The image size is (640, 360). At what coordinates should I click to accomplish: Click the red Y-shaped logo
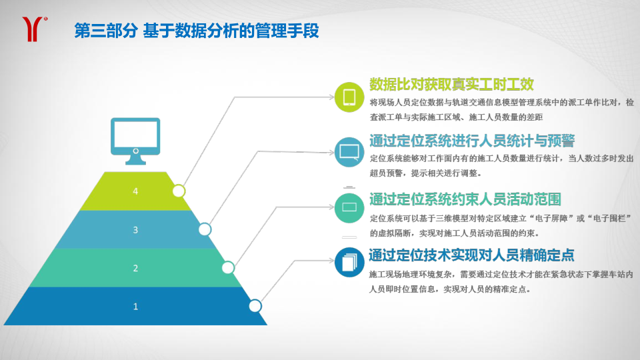pos(33,29)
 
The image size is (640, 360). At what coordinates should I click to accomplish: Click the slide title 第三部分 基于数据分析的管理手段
pos(196,31)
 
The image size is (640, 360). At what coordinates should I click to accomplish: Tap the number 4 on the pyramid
pos(135,191)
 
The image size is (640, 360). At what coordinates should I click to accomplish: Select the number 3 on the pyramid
pos(135,230)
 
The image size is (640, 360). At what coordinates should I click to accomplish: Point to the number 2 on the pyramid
pos(135,268)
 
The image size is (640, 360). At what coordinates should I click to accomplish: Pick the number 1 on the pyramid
pos(135,307)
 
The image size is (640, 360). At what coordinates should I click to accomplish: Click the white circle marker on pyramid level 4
pos(179,191)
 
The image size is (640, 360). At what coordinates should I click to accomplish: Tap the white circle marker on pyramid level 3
pos(205,229)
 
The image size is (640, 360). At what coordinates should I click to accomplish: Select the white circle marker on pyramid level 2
pos(228,268)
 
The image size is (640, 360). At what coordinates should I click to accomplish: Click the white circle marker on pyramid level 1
pos(255,306)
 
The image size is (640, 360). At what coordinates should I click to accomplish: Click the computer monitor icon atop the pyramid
pos(135,141)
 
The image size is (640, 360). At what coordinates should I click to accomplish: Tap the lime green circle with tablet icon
pos(349,97)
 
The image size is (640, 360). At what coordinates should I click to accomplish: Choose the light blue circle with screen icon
pos(349,152)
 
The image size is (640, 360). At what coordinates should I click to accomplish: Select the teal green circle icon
pos(349,208)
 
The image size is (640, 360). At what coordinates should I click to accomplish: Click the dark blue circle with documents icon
pos(349,263)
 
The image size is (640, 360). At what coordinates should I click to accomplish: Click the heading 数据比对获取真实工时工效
pos(451,85)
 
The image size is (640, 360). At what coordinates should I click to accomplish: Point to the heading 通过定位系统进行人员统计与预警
pos(472,141)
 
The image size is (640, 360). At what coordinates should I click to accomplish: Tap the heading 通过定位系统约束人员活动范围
pos(465,199)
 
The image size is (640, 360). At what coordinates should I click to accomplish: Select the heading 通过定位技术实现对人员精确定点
pos(471,255)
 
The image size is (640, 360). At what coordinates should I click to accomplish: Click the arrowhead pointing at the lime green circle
pos(331,97)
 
